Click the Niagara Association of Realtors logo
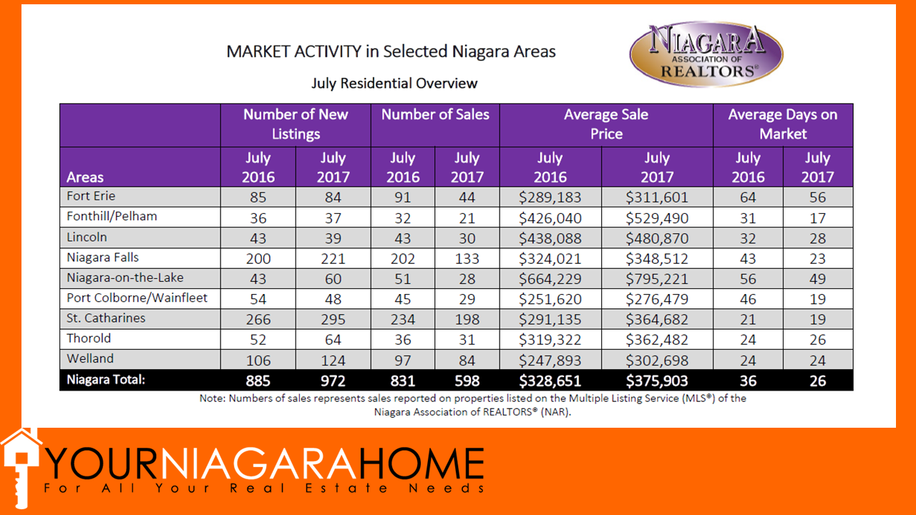tap(706, 54)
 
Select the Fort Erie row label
tap(91, 196)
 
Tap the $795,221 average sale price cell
tap(656, 278)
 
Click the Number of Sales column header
tap(435, 114)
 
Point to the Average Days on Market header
tap(782, 124)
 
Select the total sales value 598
tap(467, 381)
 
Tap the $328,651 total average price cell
tap(550, 381)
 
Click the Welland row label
tap(90, 358)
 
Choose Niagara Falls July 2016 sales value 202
tap(402, 258)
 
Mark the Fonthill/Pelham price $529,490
tap(656, 218)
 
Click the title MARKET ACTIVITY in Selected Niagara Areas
tap(391, 51)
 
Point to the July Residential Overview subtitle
tap(394, 83)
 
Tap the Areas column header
tap(85, 177)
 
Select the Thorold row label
tap(89, 338)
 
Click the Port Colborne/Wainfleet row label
tap(137, 298)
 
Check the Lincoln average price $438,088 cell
tap(550, 238)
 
